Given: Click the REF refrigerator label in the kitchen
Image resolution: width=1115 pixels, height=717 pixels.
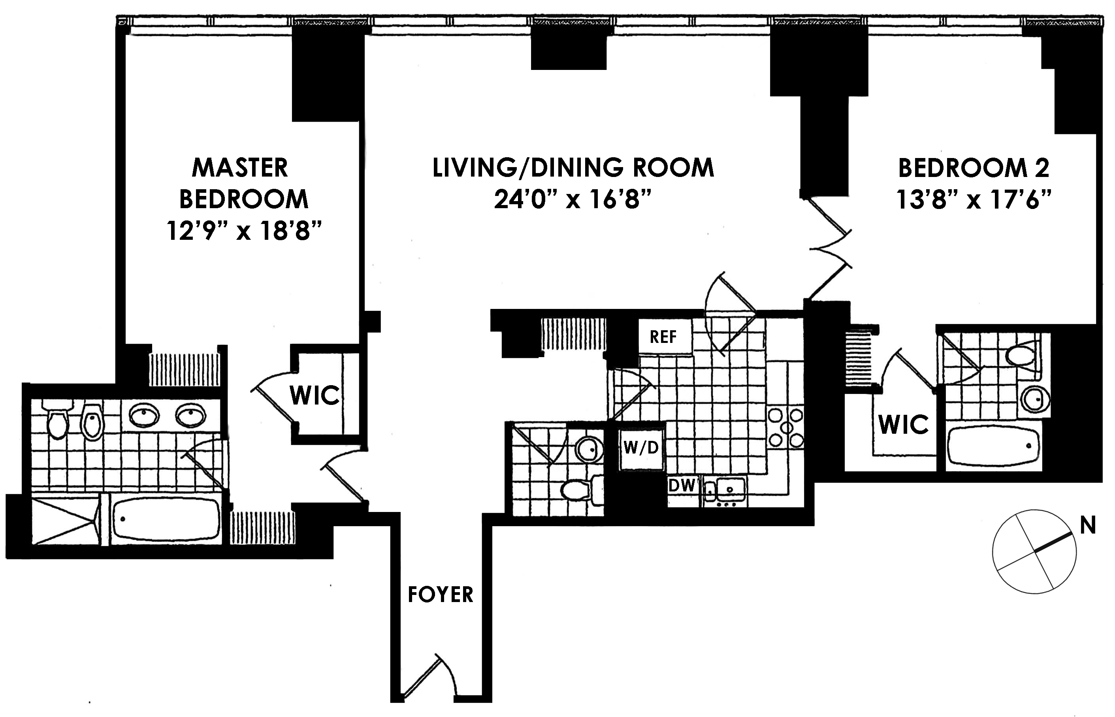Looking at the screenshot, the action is (663, 337).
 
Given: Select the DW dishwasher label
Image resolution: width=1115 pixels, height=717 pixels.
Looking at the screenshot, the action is (682, 486).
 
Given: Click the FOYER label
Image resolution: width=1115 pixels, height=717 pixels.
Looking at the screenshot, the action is (441, 595).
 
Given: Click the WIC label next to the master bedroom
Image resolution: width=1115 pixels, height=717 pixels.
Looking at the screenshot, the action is (315, 395).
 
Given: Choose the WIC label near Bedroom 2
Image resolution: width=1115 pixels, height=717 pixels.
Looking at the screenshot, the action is (904, 425).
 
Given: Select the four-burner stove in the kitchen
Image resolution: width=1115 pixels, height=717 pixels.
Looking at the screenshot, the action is (785, 427).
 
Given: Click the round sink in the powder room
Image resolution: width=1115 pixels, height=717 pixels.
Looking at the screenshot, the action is (588, 450).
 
